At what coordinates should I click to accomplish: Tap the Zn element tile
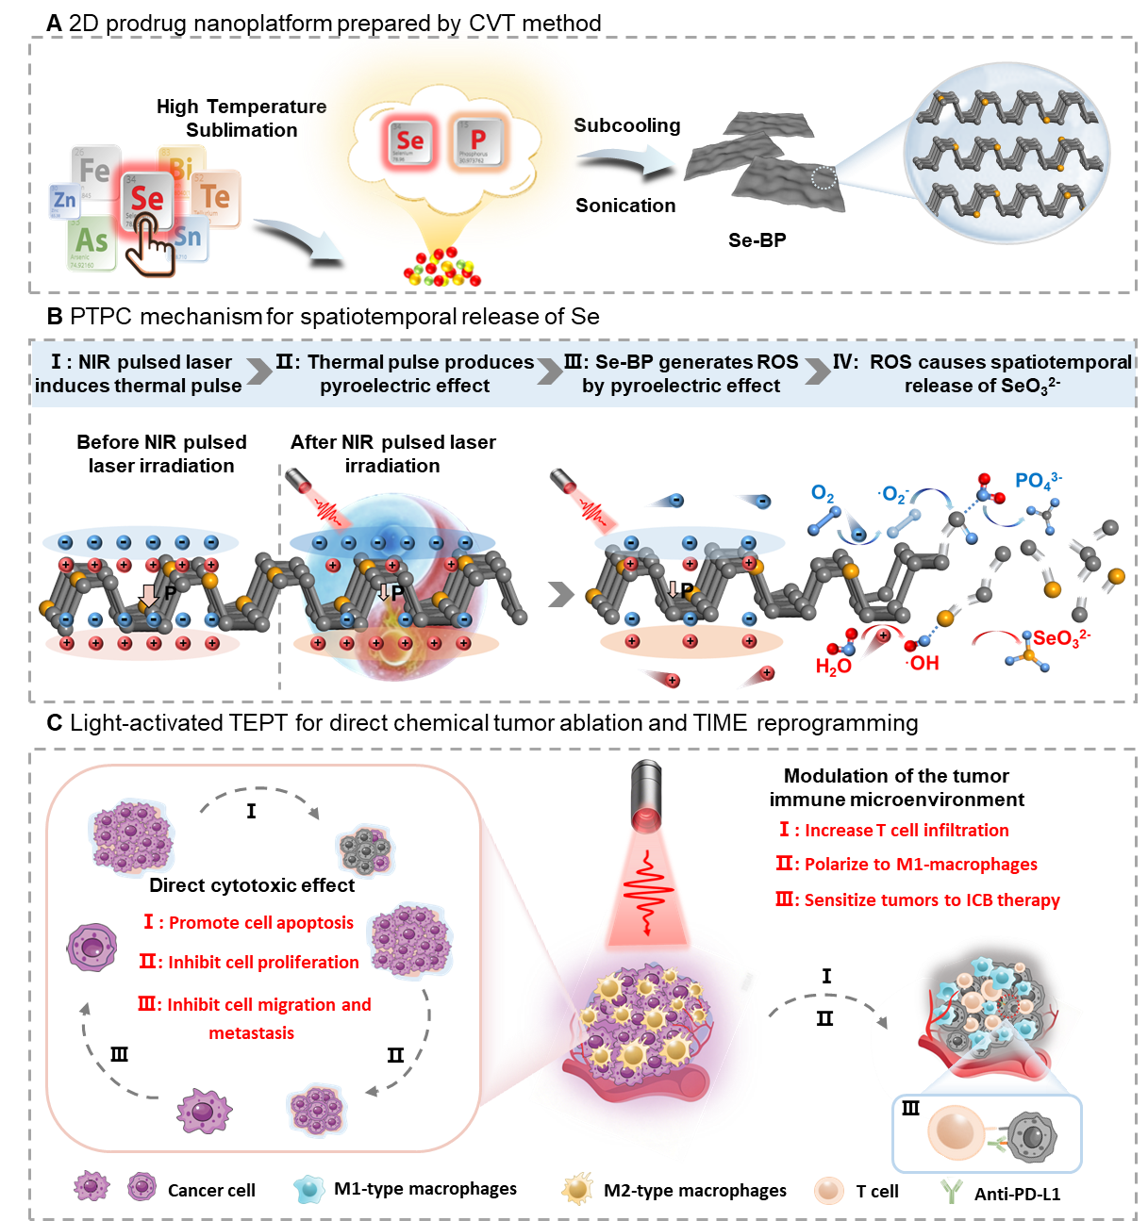point(64,200)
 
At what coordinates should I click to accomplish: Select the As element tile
point(92,242)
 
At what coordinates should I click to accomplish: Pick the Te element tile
point(216,197)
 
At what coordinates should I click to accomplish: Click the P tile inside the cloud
point(477,141)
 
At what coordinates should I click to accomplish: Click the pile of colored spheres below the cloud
point(441,269)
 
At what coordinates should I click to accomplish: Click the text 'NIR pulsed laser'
point(155,362)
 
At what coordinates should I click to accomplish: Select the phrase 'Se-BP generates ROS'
point(696,362)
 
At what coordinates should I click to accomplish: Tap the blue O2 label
point(823,493)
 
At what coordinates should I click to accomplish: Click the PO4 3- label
point(1038,481)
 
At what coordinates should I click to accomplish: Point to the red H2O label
point(833,667)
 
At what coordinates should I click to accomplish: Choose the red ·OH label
point(923,664)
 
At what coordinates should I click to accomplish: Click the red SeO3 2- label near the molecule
point(1061,638)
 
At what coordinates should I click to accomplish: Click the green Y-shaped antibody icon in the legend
point(951,1191)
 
